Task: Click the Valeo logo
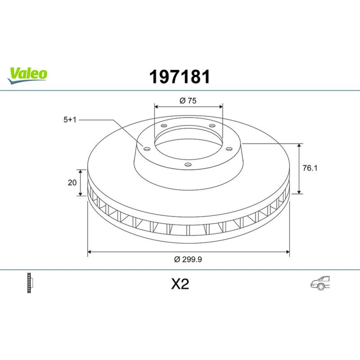point(27,75)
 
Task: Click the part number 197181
point(180,77)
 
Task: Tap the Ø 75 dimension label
point(188,100)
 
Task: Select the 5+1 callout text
point(70,120)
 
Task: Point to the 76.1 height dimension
point(310,168)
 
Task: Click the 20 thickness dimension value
point(72,183)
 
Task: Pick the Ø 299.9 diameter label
point(188,260)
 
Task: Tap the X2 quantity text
point(180,284)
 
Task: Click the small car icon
point(320,283)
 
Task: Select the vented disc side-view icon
point(30,283)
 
